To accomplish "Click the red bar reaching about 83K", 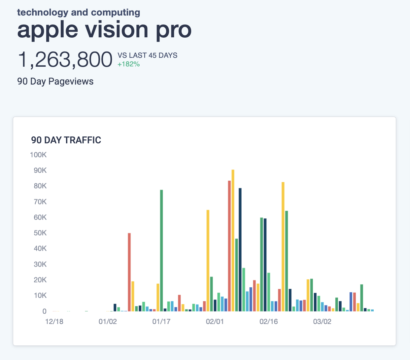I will (x=229, y=246).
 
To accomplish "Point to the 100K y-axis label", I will (x=38, y=155).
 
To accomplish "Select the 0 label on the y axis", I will (x=44, y=311).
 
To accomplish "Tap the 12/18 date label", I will (x=54, y=322).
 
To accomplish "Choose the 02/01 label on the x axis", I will (x=215, y=322).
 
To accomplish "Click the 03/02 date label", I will (x=322, y=322).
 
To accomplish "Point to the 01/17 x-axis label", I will (x=161, y=322).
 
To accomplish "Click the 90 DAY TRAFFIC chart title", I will (x=66, y=140).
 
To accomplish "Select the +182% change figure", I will (x=128, y=64).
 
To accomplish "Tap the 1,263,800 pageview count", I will (x=65, y=60).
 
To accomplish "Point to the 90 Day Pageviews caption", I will (x=55, y=82).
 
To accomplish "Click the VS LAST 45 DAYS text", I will (x=148, y=55).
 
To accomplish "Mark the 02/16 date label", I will (x=269, y=322).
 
